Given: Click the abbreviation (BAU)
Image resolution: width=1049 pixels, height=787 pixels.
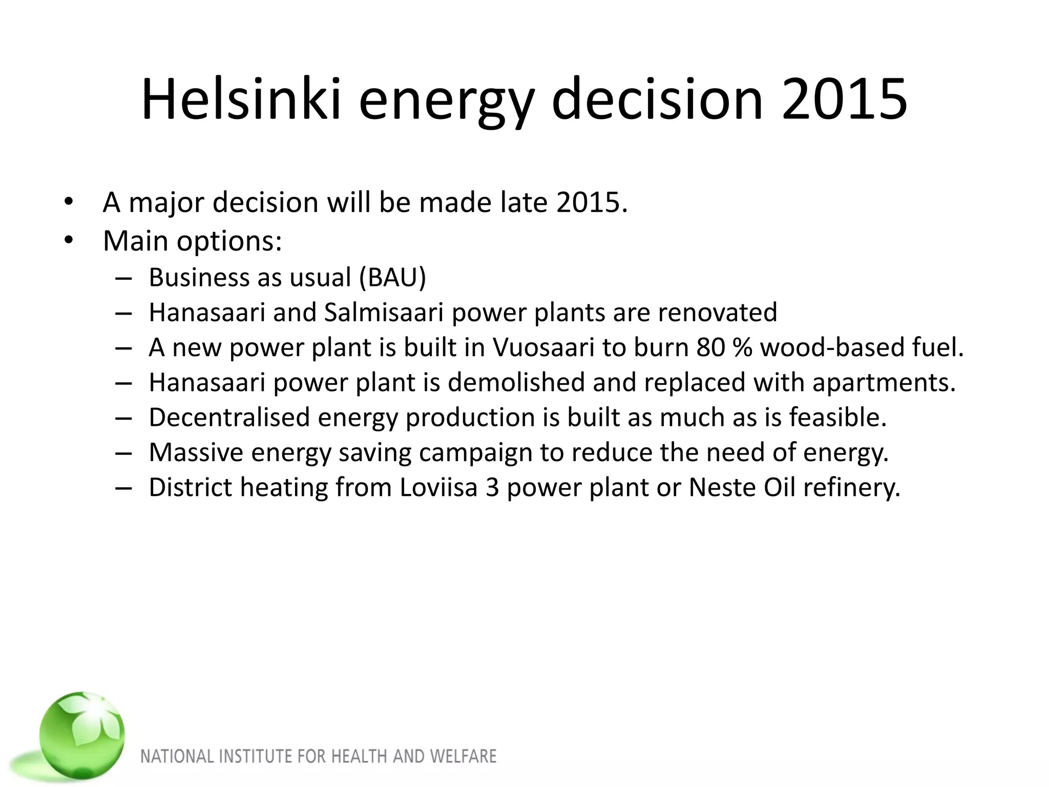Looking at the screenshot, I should (x=392, y=277).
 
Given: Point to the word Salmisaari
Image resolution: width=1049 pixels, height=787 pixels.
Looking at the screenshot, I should (x=383, y=312).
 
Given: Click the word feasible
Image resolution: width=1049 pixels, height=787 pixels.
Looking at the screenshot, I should (x=837, y=417).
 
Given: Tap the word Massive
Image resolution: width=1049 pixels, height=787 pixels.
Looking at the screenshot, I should (x=196, y=452).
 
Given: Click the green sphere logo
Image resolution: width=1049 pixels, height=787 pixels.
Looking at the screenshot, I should (x=82, y=735).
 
